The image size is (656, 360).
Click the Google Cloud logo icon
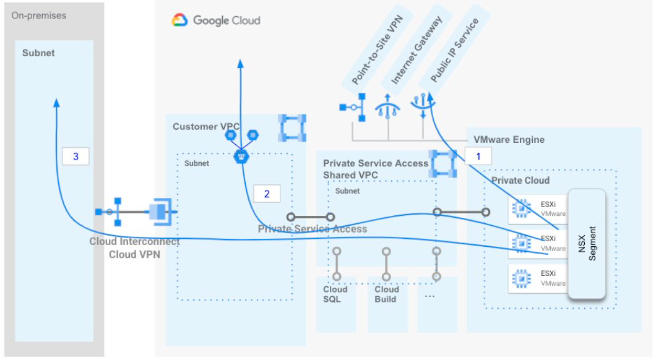coord(179,20)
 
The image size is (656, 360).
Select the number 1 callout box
coord(478,156)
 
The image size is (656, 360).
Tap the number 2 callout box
coord(267,194)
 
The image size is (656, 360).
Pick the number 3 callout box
coord(76,156)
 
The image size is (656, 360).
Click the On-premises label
coord(38,15)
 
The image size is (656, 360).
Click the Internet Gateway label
coord(416,49)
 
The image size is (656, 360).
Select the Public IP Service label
coord(454,50)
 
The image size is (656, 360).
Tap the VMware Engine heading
coord(509,140)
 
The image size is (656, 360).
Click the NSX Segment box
coord(587,243)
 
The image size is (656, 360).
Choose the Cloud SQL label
coord(335,294)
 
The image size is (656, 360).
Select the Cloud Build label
coord(387,294)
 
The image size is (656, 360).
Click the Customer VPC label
coord(206,127)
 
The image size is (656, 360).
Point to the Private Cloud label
coord(520,180)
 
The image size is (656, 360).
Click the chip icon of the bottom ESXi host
coord(521,278)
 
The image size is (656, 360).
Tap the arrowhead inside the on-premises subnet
coord(56,103)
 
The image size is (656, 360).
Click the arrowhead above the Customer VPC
coord(240,64)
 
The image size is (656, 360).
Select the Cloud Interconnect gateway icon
coord(161,212)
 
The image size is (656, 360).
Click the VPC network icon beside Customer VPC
coord(292,128)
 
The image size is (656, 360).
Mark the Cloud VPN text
coord(134,254)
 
